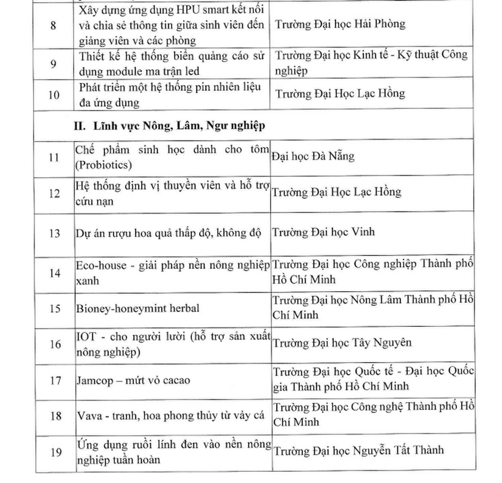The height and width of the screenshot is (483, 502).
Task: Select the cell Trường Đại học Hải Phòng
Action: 339,24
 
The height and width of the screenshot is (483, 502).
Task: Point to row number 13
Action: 54,233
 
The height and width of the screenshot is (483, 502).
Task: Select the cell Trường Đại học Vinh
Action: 324,231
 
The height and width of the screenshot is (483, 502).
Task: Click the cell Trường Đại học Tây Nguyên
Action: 342,342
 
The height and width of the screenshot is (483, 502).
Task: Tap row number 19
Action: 54,452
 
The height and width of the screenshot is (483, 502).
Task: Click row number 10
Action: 54,95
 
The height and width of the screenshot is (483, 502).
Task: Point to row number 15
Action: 54,308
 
